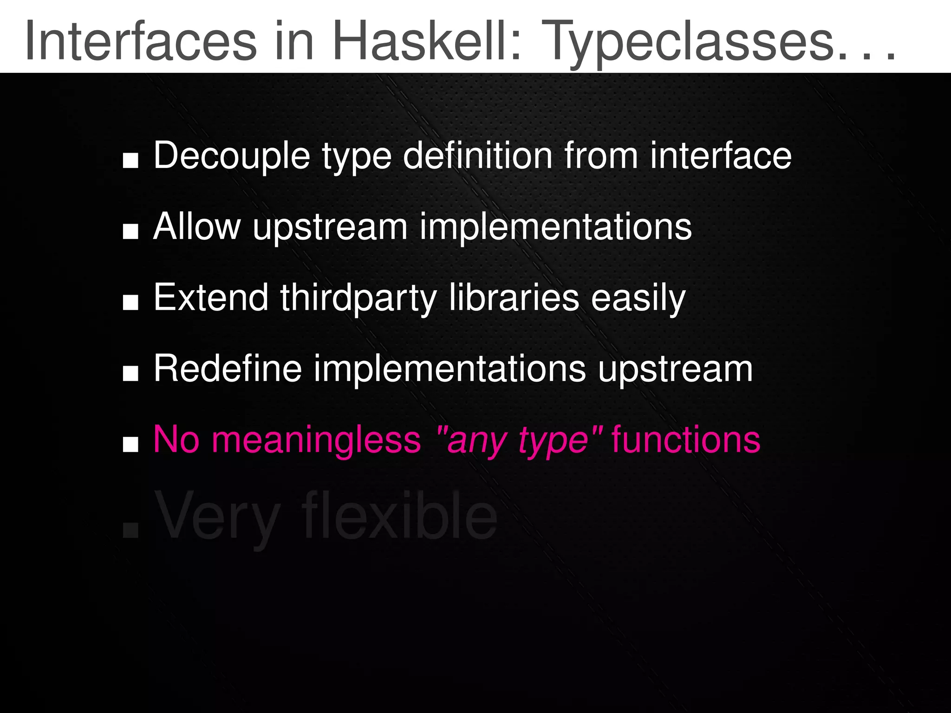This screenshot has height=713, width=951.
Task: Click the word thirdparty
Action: point(358,299)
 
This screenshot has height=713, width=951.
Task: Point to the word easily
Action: point(638,299)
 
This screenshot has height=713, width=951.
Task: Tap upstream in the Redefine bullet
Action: point(675,370)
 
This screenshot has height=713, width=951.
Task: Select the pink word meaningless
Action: point(316,440)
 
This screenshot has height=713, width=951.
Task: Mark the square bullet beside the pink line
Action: point(130,444)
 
